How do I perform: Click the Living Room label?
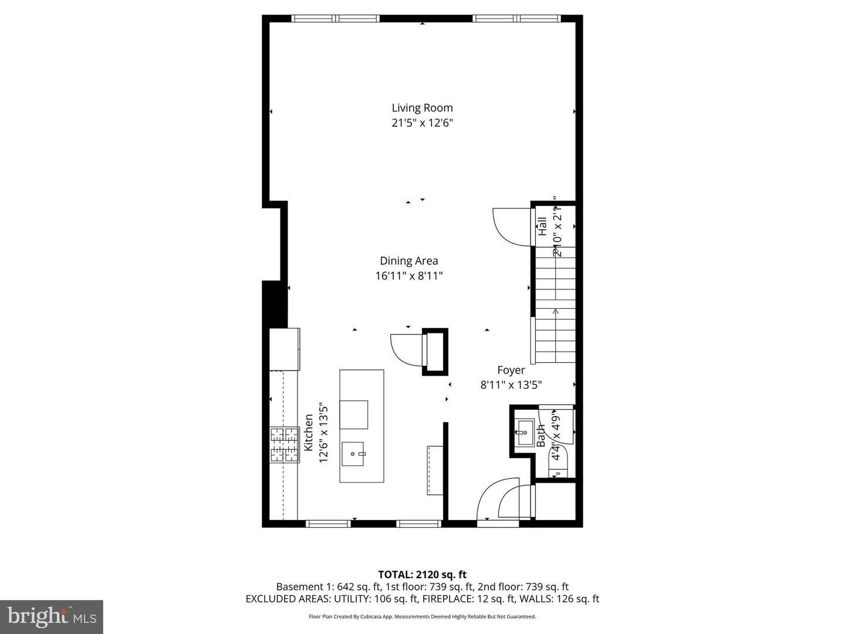point(422,107)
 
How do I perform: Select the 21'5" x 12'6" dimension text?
point(422,123)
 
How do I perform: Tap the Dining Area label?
point(408,261)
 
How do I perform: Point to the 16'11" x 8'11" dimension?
point(408,276)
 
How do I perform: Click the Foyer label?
point(511,370)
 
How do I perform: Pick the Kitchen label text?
point(308,433)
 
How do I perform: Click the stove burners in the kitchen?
point(285,444)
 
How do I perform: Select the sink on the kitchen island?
point(353,453)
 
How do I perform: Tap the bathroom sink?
point(523,433)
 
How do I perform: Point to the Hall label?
point(542,227)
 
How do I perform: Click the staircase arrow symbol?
point(555,312)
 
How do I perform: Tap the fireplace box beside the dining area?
point(435,352)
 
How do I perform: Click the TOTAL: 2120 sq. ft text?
point(422,575)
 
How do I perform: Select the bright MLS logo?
point(52,616)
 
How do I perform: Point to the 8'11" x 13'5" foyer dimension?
point(511,385)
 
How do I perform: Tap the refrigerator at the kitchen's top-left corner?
point(285,349)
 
